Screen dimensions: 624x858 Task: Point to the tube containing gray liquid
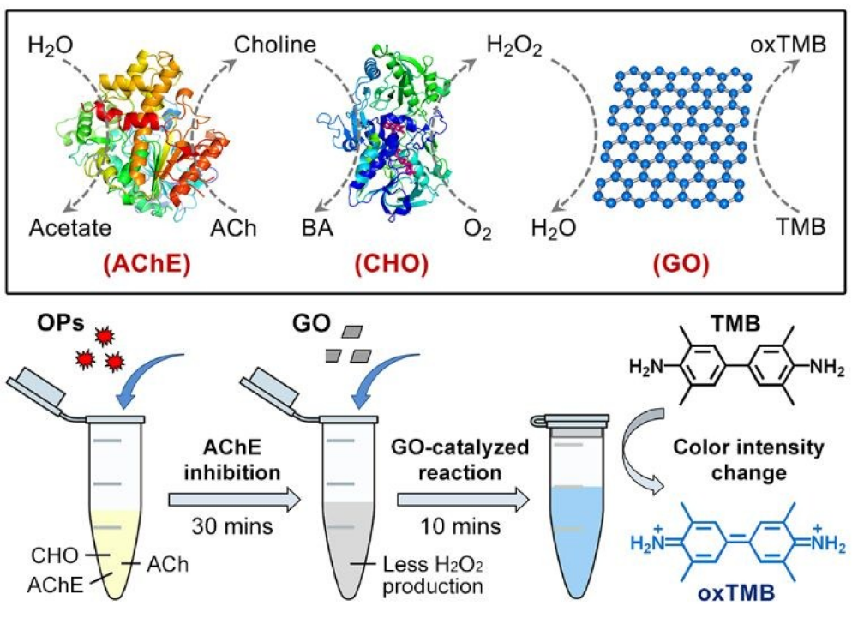click(x=349, y=523)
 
